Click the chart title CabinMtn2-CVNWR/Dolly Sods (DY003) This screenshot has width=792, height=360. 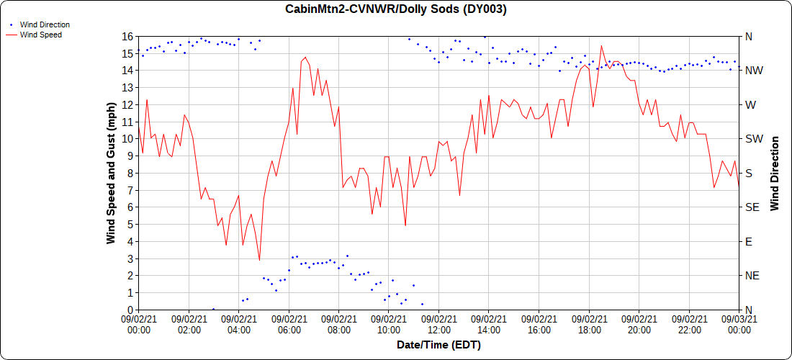coord(395,9)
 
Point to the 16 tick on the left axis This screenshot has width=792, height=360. coord(127,36)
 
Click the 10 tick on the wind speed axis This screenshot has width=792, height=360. coord(127,139)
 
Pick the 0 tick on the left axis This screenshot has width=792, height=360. coord(130,310)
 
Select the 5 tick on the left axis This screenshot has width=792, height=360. coord(130,224)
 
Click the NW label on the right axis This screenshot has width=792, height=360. coord(752,71)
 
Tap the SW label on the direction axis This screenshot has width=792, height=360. coord(752,139)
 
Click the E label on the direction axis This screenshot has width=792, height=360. coord(748,241)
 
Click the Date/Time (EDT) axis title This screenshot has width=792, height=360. coord(438,346)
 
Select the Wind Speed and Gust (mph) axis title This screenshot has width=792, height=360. coord(111,174)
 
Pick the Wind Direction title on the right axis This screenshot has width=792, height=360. coord(774,174)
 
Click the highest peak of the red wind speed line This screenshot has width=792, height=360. coord(601,45)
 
